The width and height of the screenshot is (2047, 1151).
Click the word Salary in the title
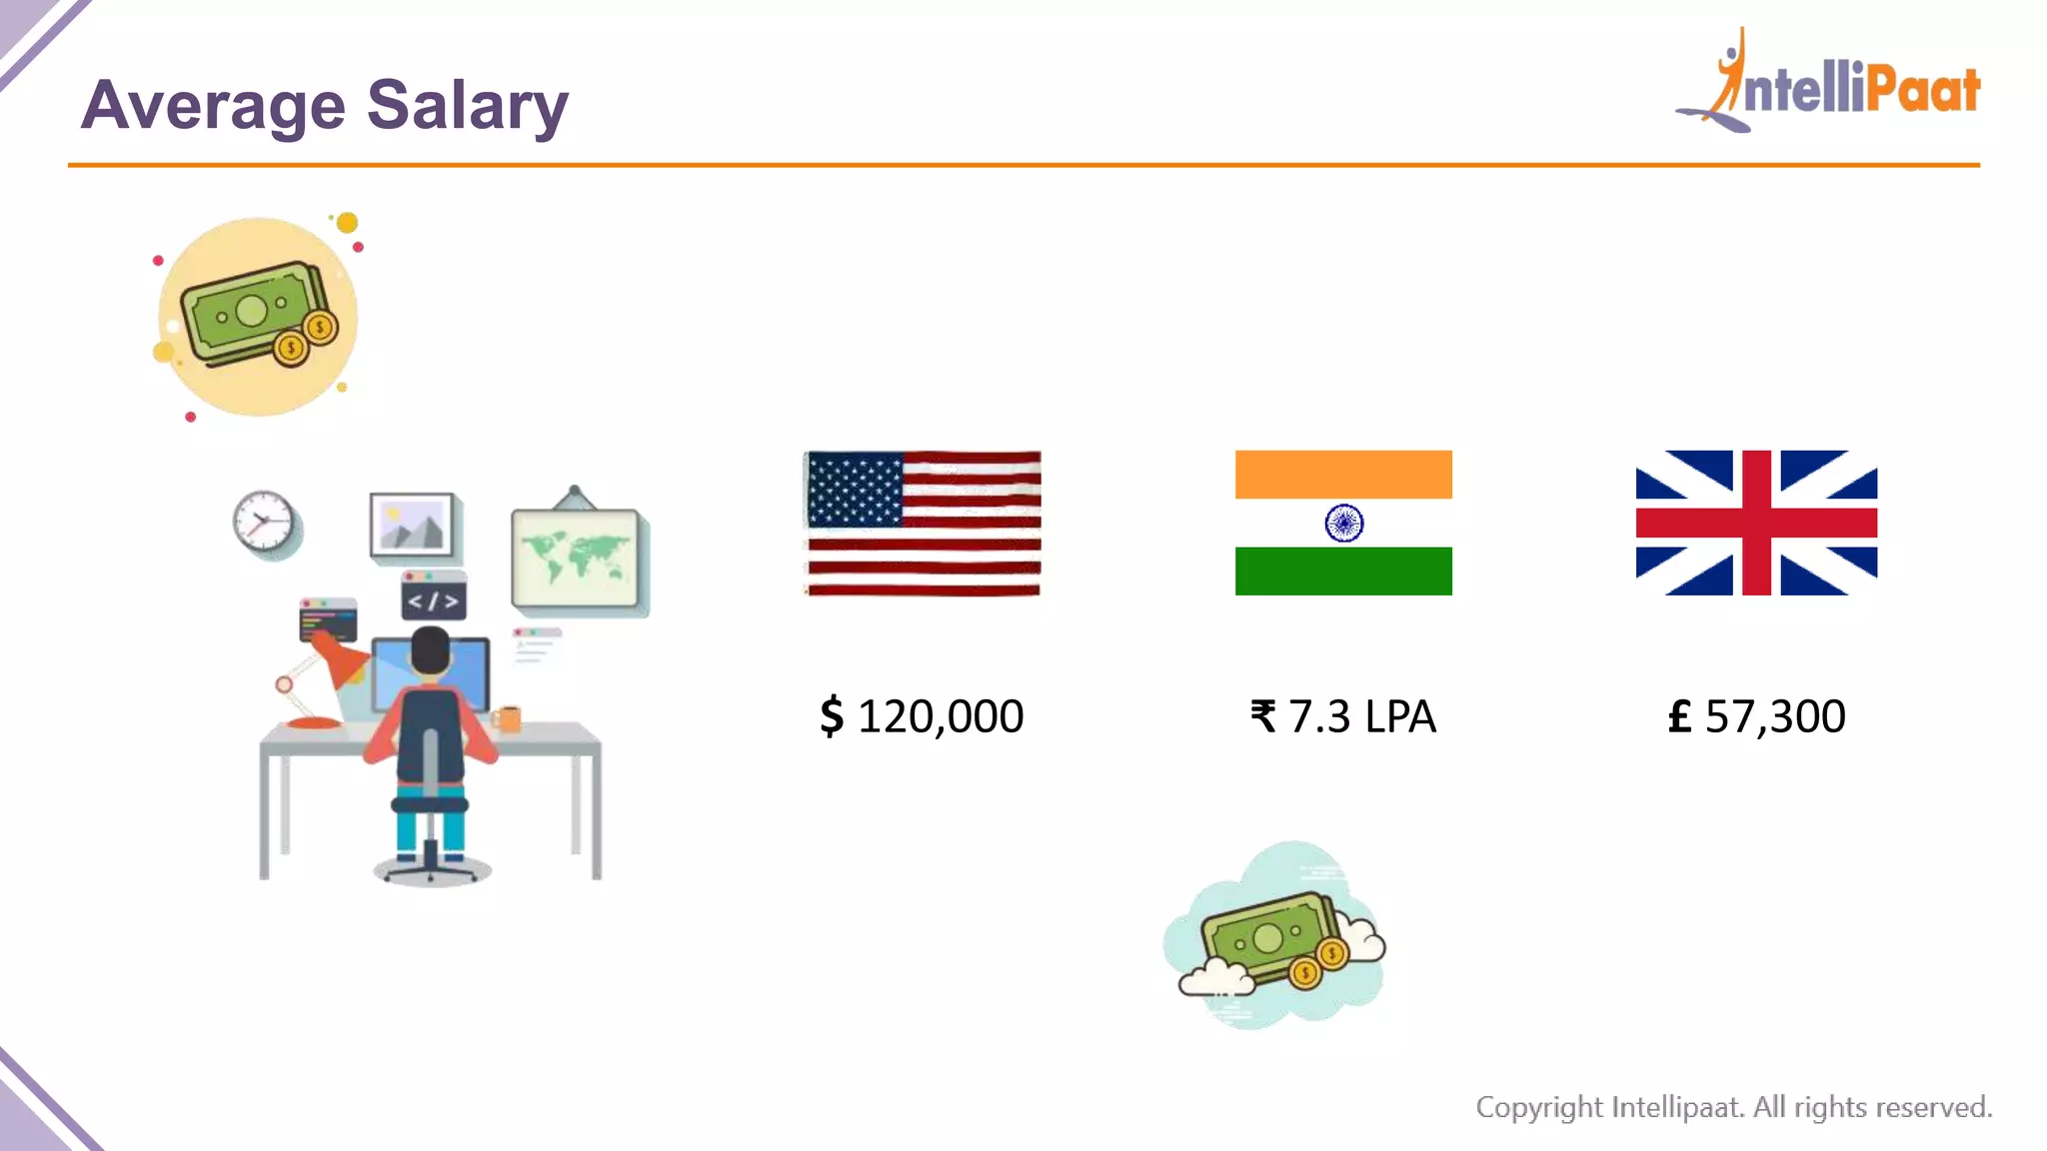tap(467, 106)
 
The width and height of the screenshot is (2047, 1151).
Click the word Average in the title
tap(213, 106)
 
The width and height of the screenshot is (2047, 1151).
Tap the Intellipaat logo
tap(1829, 84)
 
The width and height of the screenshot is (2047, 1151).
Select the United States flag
tap(923, 523)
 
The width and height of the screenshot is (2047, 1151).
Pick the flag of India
tap(1343, 523)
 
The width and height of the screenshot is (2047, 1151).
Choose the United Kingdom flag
tap(1756, 523)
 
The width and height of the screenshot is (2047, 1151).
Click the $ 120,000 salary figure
tap(922, 716)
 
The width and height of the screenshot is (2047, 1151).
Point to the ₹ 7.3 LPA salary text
tap(1343, 716)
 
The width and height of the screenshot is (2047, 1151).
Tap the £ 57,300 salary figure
tap(1756, 716)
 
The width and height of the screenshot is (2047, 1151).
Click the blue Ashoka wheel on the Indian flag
tap(1343, 523)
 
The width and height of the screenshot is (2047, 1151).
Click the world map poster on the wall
tap(575, 557)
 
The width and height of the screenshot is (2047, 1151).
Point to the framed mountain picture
tap(411, 524)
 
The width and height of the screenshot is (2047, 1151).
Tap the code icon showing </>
tap(433, 598)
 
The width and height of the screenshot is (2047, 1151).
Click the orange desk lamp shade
tap(340, 660)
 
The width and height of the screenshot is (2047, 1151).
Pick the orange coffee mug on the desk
tap(509, 717)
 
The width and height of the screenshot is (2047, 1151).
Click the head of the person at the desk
tap(431, 651)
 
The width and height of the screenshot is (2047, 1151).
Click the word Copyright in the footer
tap(1539, 1107)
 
